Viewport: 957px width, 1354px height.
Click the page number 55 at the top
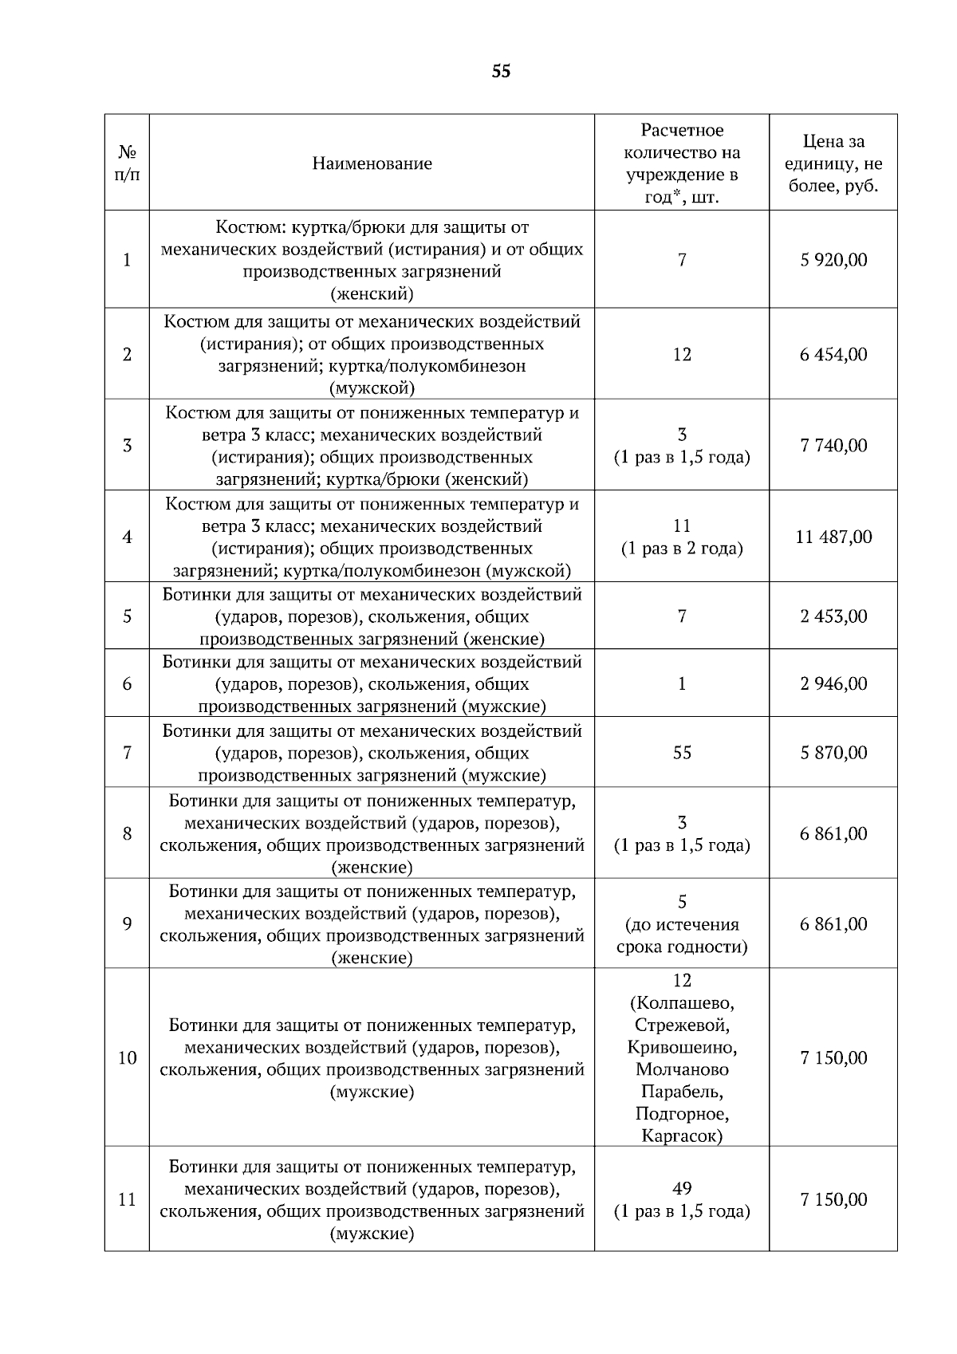501,72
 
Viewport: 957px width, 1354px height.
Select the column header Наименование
372,163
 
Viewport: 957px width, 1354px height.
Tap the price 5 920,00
833,260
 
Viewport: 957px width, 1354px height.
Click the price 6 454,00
833,354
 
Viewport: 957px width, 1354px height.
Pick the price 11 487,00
833,537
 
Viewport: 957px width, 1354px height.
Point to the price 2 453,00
833,616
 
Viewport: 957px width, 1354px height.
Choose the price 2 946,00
833,683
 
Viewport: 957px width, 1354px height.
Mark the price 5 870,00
833,753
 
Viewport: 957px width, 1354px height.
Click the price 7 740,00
833,445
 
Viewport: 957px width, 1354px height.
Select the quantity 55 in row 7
682,753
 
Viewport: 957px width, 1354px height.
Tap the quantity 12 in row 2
682,354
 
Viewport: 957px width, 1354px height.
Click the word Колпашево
682,1002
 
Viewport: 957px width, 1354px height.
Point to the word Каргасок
682,1136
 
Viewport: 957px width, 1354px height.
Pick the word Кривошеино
682,1047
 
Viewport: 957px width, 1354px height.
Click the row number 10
127,1058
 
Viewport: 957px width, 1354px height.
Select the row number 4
127,537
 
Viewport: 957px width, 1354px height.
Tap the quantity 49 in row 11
682,1188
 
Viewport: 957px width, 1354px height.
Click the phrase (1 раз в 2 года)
682,549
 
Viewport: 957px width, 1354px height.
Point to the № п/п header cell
127,163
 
